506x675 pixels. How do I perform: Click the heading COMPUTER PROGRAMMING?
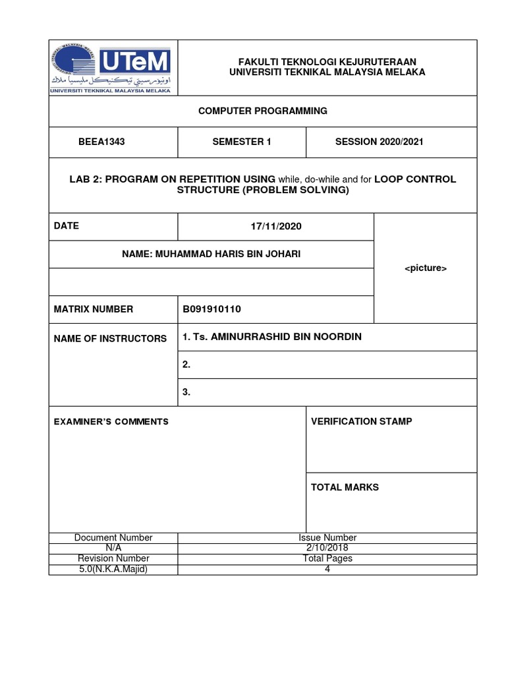263,111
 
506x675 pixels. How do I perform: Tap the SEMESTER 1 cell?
241,142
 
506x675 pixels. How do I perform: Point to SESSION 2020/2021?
379,142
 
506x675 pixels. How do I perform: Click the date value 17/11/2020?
275,226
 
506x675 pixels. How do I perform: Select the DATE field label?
67,225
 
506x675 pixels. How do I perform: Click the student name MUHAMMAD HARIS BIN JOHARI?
211,254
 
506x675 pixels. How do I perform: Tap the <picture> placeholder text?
425,268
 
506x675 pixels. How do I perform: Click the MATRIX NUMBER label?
94,309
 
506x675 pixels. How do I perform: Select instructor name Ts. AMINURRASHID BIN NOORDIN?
272,337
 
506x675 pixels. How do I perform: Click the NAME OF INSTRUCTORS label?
110,338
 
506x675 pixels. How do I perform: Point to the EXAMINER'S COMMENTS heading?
111,421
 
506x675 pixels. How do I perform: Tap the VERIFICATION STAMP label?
362,421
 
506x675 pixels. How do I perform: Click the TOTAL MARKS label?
345,487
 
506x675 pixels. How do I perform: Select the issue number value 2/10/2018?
327,548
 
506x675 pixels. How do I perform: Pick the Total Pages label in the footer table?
327,558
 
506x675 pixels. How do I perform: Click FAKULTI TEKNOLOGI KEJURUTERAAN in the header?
327,61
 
